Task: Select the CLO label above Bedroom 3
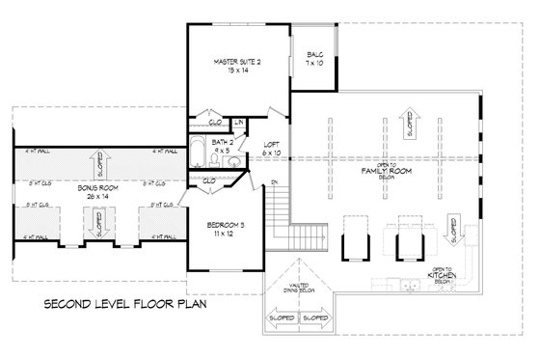(x=210, y=180)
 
